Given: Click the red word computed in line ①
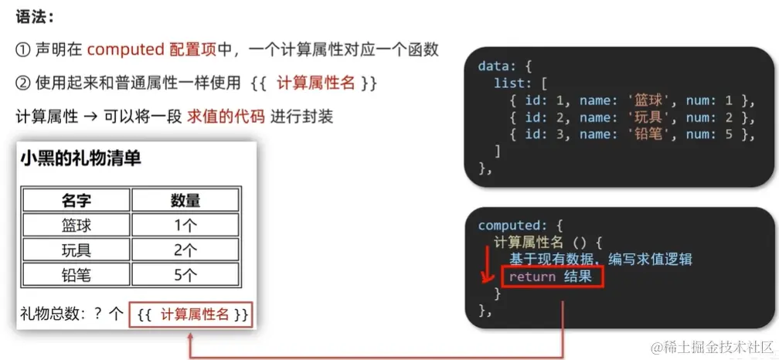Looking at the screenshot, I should pos(124,50).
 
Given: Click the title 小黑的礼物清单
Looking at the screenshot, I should pos(80,159).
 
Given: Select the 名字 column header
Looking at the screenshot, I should pos(77,201).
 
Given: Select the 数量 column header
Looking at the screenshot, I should pos(186,201).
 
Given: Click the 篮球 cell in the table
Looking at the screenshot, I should pos(77,226).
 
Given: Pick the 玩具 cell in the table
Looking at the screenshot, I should pos(77,250).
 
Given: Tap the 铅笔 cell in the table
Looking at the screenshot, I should pos(77,275).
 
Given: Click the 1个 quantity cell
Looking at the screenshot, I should pos(186,226).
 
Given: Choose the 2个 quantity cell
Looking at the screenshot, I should pos(186,250).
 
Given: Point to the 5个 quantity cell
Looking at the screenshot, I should pos(186,275).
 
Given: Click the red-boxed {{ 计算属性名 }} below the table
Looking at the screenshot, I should pos(192,314).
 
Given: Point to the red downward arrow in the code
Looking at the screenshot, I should pos(488,267).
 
